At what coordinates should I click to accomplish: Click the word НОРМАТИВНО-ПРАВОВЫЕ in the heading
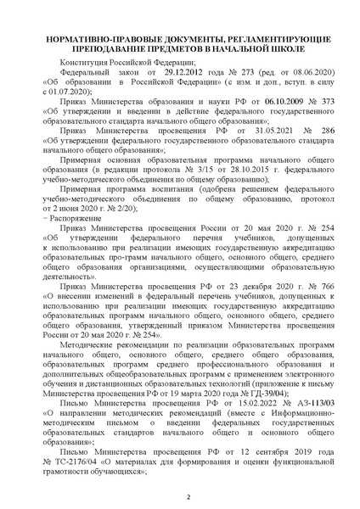click(84, 40)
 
